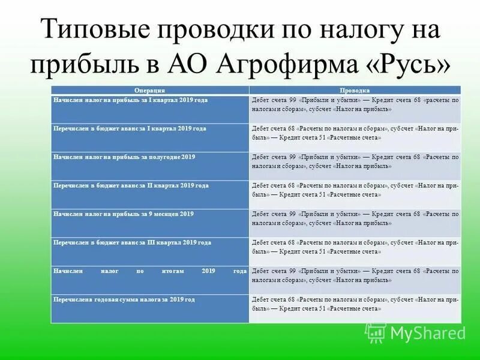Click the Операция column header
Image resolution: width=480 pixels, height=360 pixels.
150,89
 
